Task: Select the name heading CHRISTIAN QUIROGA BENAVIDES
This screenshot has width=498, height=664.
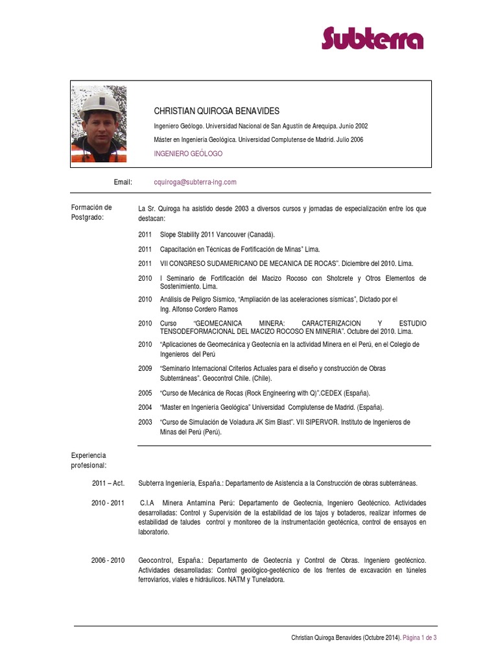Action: [217, 111]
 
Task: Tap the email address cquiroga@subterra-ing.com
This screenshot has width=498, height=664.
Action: [195, 182]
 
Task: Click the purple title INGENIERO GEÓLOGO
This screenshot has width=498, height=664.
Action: [188, 154]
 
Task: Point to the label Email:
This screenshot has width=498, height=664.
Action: [123, 182]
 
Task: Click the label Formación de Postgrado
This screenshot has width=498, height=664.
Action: [91, 212]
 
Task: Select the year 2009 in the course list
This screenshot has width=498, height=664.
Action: [145, 368]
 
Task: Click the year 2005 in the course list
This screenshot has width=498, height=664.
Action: [145, 393]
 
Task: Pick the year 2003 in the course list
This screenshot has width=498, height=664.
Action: [145, 422]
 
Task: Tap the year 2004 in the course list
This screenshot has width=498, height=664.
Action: [145, 407]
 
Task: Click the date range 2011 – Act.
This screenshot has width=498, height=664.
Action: [108, 483]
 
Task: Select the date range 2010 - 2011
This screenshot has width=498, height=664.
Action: [108, 503]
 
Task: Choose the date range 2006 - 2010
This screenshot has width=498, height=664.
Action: [108, 560]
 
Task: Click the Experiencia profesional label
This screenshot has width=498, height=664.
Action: [89, 460]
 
